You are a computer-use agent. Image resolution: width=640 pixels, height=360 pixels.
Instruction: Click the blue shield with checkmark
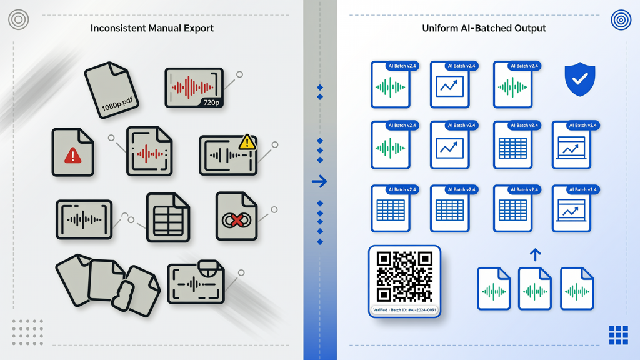click(579, 79)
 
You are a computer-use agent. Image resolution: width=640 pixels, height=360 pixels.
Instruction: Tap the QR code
click(404, 276)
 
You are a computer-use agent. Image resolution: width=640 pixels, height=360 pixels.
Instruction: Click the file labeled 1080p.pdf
click(111, 90)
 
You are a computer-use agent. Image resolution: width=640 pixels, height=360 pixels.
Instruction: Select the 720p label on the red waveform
click(211, 102)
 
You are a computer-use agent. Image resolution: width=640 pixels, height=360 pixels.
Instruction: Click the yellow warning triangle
click(247, 142)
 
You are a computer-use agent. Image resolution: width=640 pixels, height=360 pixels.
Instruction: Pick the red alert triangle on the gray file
click(72, 156)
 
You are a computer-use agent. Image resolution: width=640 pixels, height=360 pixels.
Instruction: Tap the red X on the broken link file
click(237, 221)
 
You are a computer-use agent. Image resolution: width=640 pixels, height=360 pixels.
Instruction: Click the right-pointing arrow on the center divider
click(319, 181)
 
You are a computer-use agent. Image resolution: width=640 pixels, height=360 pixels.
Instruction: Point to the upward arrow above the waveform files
click(535, 255)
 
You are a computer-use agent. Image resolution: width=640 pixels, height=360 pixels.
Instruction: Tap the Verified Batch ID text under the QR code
click(404, 310)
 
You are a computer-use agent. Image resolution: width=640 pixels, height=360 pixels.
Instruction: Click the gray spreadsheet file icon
click(167, 217)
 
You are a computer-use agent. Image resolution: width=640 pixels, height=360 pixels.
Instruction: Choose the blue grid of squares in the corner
click(618, 335)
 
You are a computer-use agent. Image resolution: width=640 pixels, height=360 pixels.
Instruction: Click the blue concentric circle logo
click(621, 19)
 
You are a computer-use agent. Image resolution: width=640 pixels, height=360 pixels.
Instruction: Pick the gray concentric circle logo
click(18, 19)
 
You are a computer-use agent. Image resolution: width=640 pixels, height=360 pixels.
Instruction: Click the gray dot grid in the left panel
click(27, 332)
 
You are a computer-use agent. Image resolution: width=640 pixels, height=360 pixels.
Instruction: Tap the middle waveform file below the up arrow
click(535, 289)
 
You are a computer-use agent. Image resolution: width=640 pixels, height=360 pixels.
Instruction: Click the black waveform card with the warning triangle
click(227, 156)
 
